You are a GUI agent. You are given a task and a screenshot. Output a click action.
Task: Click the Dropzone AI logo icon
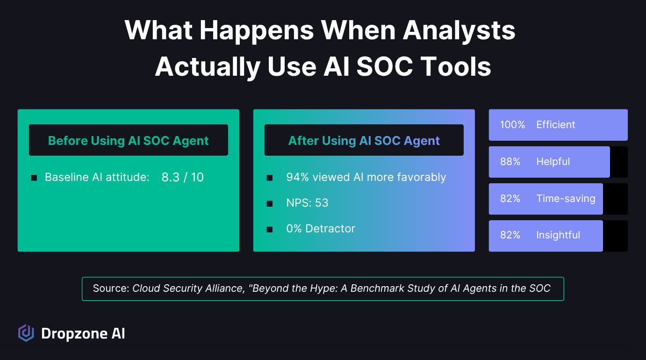[26, 333]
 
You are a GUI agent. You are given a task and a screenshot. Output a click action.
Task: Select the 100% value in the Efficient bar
[512, 125]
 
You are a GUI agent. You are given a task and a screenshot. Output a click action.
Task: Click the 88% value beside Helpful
[510, 162]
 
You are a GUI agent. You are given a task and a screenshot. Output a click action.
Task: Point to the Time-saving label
[566, 198]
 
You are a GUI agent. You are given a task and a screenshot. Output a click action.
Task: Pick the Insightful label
[558, 235]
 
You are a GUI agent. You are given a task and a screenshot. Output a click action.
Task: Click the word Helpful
[553, 162]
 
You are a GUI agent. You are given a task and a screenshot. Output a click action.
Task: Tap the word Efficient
[556, 125]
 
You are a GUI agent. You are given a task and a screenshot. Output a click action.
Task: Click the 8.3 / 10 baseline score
[183, 177]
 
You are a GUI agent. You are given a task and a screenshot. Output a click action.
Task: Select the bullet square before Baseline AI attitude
[34, 178]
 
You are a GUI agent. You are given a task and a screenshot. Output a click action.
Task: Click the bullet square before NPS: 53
[270, 204]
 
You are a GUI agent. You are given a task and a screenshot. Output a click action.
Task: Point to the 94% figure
[298, 177]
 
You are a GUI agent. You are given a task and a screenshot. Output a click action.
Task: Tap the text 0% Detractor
[321, 229]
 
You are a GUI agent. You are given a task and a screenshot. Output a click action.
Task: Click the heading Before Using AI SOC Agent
[129, 141]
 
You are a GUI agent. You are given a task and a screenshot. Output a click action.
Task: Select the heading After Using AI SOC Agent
[364, 141]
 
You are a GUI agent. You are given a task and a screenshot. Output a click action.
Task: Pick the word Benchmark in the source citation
[377, 288]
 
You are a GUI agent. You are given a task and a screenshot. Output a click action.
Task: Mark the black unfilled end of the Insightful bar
[615, 236]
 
